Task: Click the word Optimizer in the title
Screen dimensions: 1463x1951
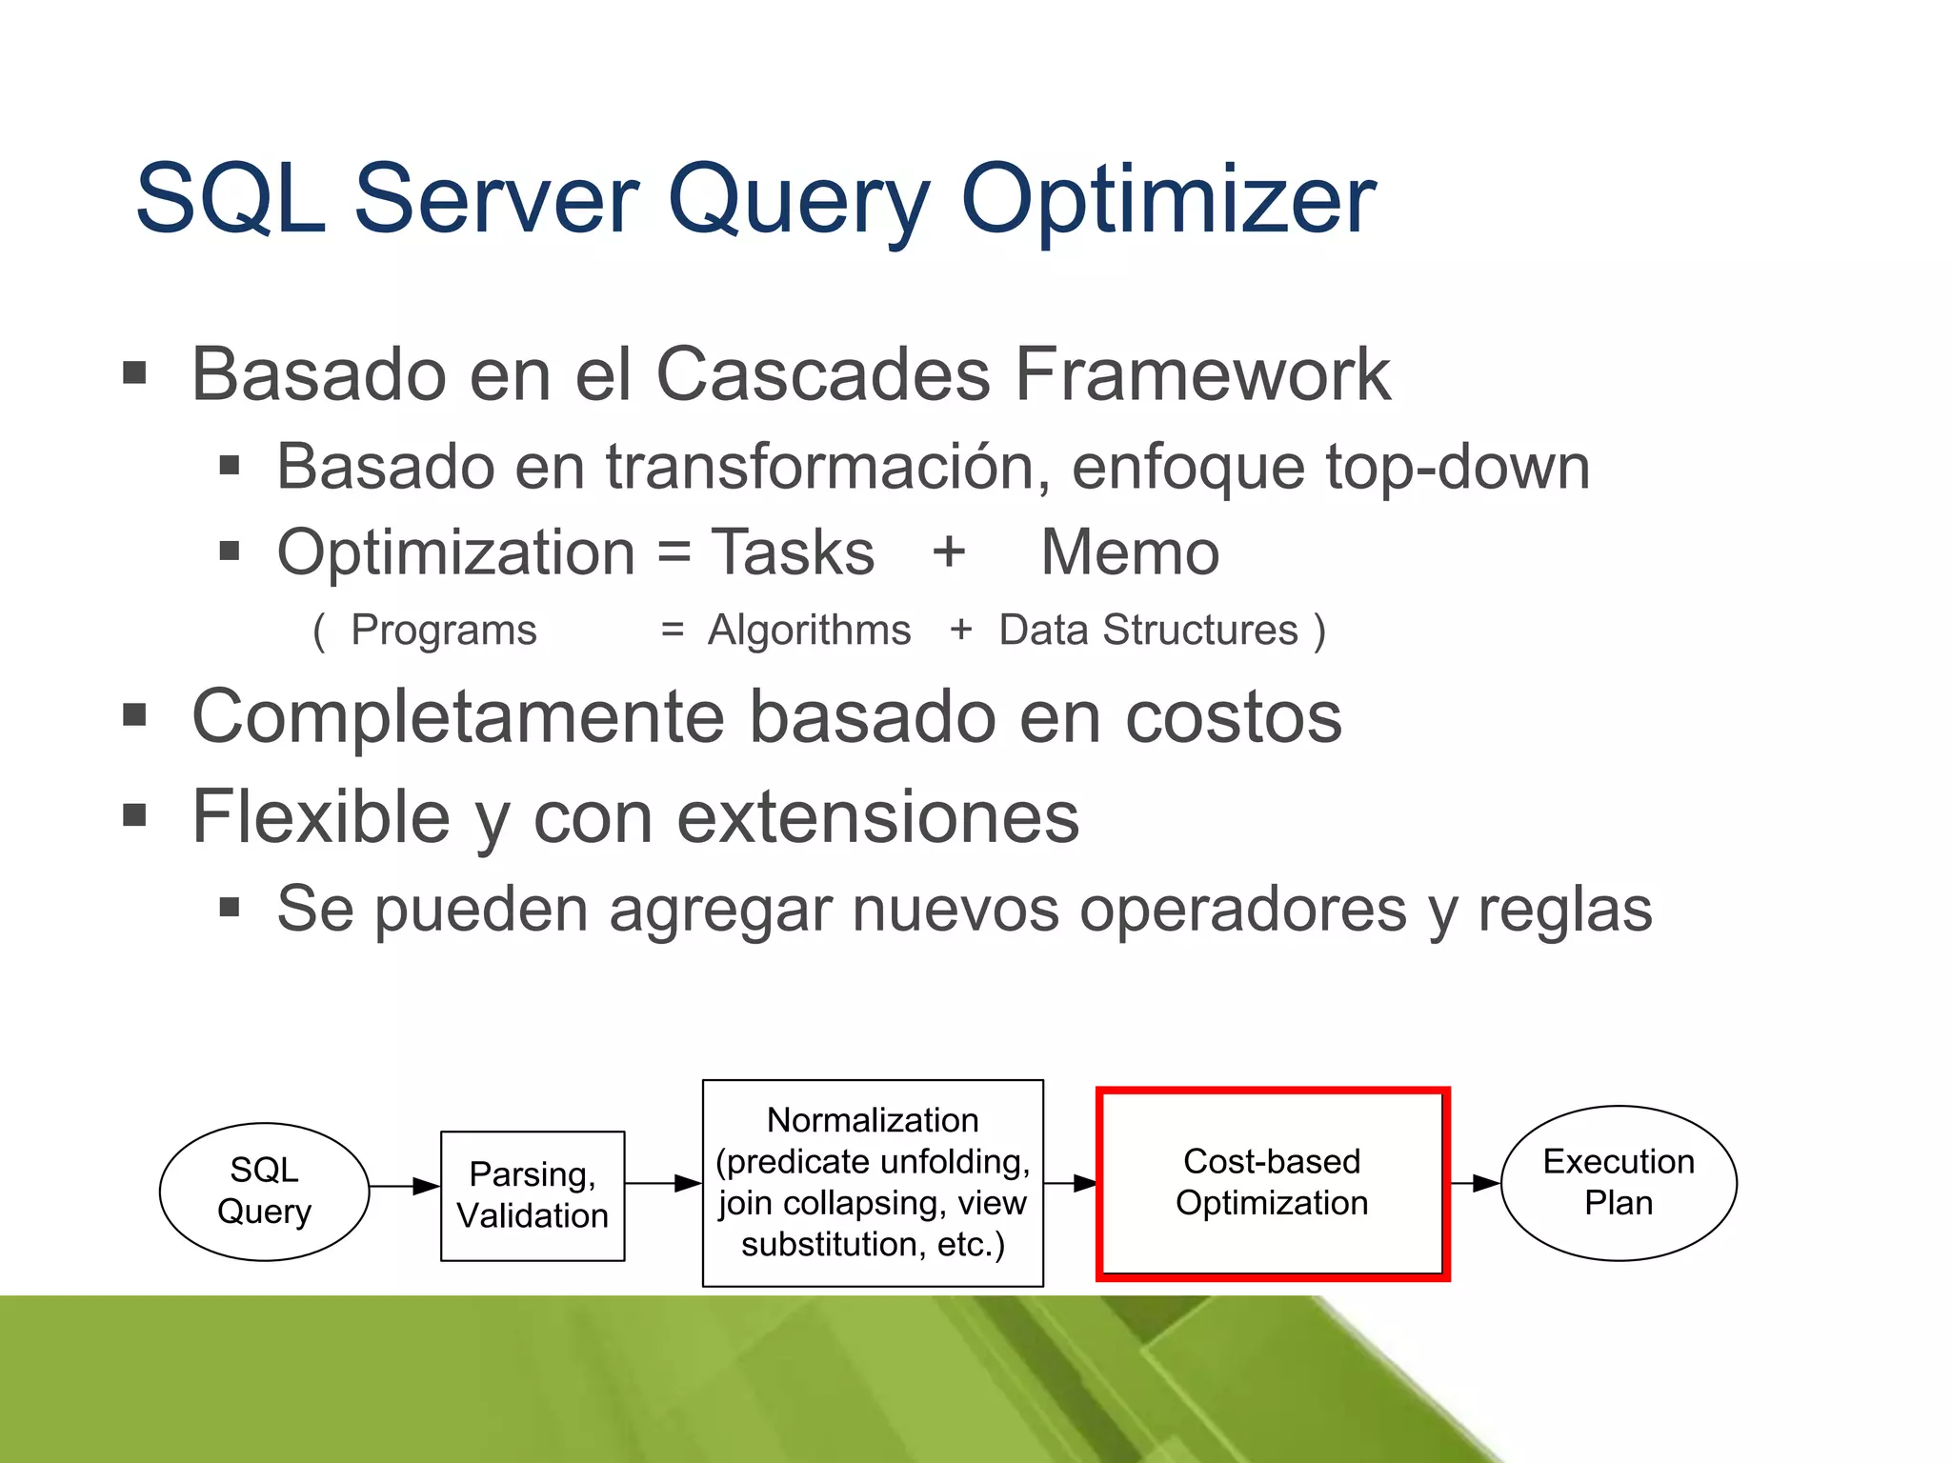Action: click(x=1168, y=200)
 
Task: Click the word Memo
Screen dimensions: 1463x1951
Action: click(x=1130, y=552)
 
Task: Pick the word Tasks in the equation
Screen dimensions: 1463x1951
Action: click(x=793, y=552)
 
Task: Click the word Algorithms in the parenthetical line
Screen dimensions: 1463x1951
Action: click(x=809, y=631)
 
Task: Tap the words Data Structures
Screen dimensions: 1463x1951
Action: click(x=1148, y=631)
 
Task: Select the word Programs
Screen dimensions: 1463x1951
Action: click(x=444, y=631)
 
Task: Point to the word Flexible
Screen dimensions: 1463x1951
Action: click(x=321, y=817)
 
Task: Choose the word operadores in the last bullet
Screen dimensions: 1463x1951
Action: click(x=1243, y=909)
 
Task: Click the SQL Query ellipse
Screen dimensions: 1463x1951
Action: click(x=264, y=1192)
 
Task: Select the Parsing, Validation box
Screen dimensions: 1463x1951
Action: click(x=533, y=1196)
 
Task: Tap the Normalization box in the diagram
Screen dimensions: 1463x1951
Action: click(x=873, y=1183)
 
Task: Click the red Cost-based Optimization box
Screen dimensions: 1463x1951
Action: click(x=1272, y=1183)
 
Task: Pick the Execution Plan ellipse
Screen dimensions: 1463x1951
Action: click(x=1618, y=1183)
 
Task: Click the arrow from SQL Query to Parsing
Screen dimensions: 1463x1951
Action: click(x=405, y=1187)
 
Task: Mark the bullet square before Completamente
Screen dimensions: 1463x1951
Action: click(x=134, y=715)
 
